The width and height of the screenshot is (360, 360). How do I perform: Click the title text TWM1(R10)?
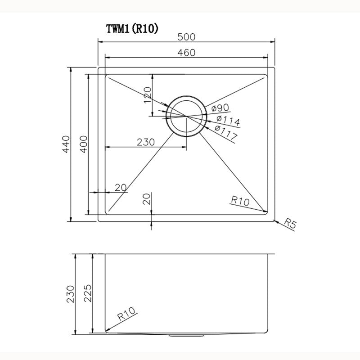(x=131, y=28)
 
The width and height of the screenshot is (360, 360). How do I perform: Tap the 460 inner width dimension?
(x=185, y=53)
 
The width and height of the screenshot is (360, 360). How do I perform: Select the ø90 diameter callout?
(x=220, y=108)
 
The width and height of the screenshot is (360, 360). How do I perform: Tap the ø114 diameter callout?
(x=228, y=121)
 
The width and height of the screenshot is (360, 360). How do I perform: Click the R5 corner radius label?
(x=291, y=225)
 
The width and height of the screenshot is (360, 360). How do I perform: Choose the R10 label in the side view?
(x=128, y=313)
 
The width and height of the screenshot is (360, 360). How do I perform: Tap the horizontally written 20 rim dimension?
(x=120, y=188)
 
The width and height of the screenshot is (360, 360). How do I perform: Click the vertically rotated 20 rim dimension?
(x=147, y=199)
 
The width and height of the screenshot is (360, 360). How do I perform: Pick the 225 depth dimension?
(x=88, y=295)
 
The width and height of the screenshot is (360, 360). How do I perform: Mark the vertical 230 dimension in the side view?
(x=70, y=295)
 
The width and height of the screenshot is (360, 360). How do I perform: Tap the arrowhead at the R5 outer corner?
(x=275, y=220)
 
